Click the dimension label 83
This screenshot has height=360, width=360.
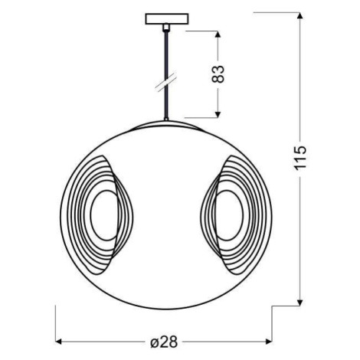(218, 74)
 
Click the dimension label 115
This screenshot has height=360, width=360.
(299, 158)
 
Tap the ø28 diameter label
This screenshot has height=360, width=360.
(164, 342)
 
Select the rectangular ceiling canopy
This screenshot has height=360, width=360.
(167, 19)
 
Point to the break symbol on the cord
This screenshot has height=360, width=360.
(166, 81)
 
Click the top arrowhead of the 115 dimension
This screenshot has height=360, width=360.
(300, 15)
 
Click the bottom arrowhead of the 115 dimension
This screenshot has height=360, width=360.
(300, 303)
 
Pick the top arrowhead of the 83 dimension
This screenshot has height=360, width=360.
(218, 34)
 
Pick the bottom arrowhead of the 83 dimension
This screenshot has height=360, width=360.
(218, 114)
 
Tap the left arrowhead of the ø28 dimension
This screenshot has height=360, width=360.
(59, 342)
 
